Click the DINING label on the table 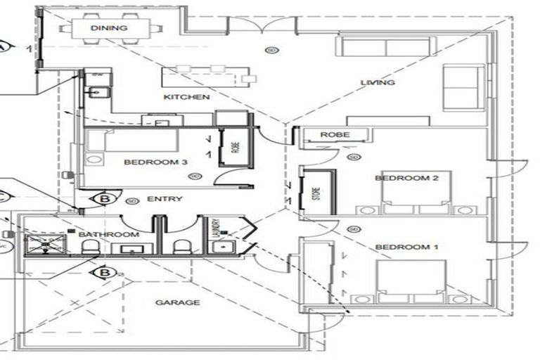pyautogui.click(x=109, y=28)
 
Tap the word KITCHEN pyautogui.click(x=186, y=97)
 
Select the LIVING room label pyautogui.click(x=378, y=83)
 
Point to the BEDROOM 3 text pyautogui.click(x=155, y=162)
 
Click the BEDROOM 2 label pyautogui.click(x=406, y=179)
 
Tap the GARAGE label pyautogui.click(x=177, y=303)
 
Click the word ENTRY pyautogui.click(x=166, y=199)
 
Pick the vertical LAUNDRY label pyautogui.click(x=216, y=229)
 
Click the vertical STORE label pyautogui.click(x=307, y=193)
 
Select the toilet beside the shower pyautogui.click(x=90, y=247)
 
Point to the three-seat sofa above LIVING pyautogui.click(x=384, y=48)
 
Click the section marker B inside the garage pyautogui.click(x=104, y=271)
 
